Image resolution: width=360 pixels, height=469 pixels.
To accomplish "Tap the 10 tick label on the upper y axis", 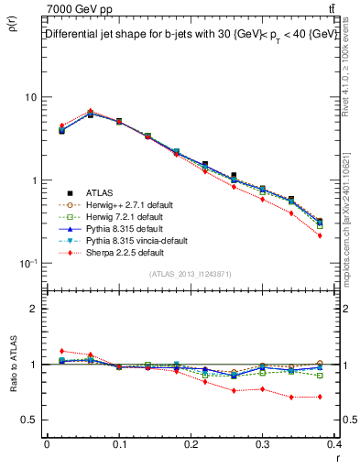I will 30,97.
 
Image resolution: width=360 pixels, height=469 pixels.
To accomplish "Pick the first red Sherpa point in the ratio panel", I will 61,351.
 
